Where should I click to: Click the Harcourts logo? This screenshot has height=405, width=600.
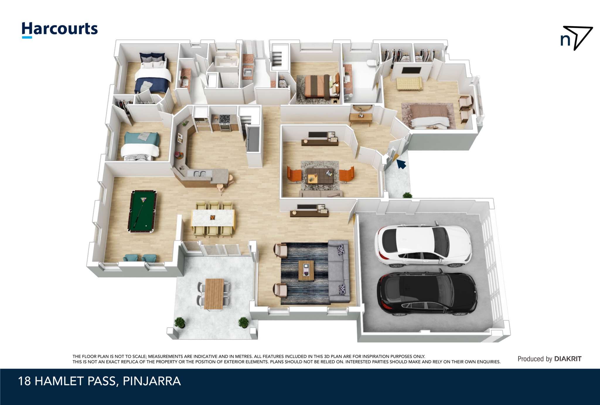(x=60, y=30)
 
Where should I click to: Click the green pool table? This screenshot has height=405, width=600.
(x=142, y=211)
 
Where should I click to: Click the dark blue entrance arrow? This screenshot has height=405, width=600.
(x=401, y=164)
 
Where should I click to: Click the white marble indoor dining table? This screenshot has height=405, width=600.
(x=213, y=218)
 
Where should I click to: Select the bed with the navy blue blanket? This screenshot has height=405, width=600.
(x=153, y=75)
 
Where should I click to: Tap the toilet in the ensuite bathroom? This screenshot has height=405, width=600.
(x=372, y=63)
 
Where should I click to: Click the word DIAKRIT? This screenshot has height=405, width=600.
(x=568, y=359)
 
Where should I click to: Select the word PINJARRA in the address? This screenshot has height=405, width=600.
(x=152, y=381)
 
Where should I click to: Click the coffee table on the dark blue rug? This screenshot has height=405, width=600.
(x=306, y=270)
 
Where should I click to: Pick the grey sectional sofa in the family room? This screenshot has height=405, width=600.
(x=339, y=271)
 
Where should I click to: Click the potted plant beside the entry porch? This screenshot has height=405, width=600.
(x=407, y=195)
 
